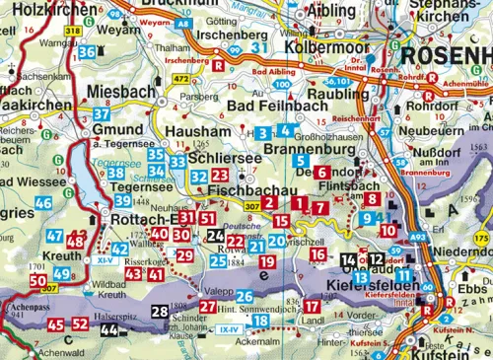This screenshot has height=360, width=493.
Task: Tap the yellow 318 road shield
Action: click(x=72, y=32)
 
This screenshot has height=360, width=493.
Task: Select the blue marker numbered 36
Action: click(x=87, y=52)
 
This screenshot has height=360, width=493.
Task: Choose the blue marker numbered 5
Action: click(x=301, y=160)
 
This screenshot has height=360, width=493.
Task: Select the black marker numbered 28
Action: click(x=160, y=312)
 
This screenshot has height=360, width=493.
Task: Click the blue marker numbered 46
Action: click(x=42, y=203)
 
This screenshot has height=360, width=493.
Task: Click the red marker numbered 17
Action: click(x=312, y=307)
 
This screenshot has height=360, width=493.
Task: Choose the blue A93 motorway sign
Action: click(x=419, y=238)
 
